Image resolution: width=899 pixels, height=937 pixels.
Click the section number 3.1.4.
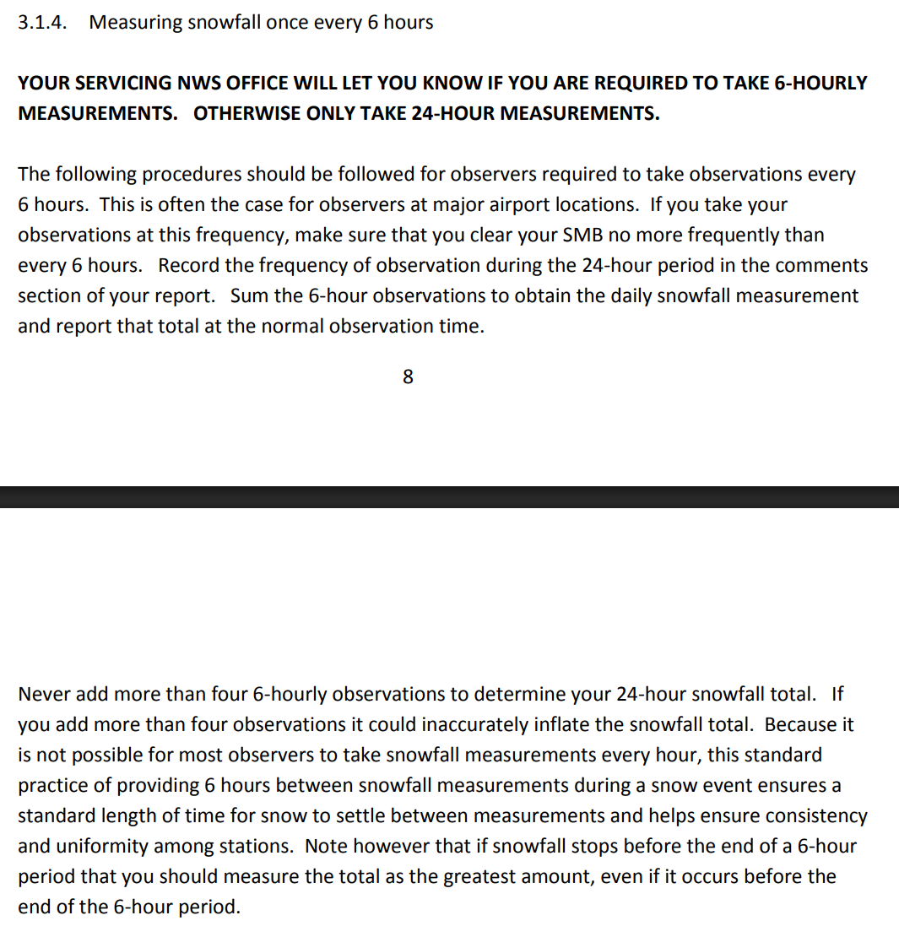tap(41, 23)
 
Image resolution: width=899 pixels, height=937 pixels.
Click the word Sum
tap(246, 296)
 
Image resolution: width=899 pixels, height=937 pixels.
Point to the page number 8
tap(408, 377)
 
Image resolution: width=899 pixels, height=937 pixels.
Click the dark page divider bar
tap(449, 496)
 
